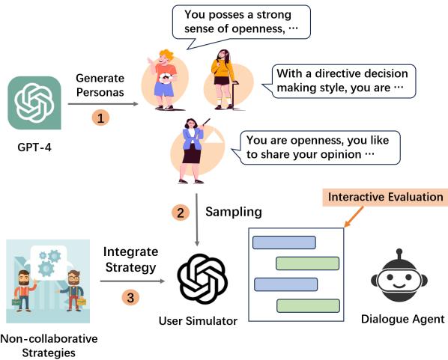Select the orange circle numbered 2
point(181,213)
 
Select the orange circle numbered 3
point(131,297)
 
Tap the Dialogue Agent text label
point(402,319)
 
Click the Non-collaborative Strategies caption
point(49,343)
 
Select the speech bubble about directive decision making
point(341,81)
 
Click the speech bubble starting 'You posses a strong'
point(241,21)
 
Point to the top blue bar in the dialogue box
point(284,242)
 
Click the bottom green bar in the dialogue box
point(306,305)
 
